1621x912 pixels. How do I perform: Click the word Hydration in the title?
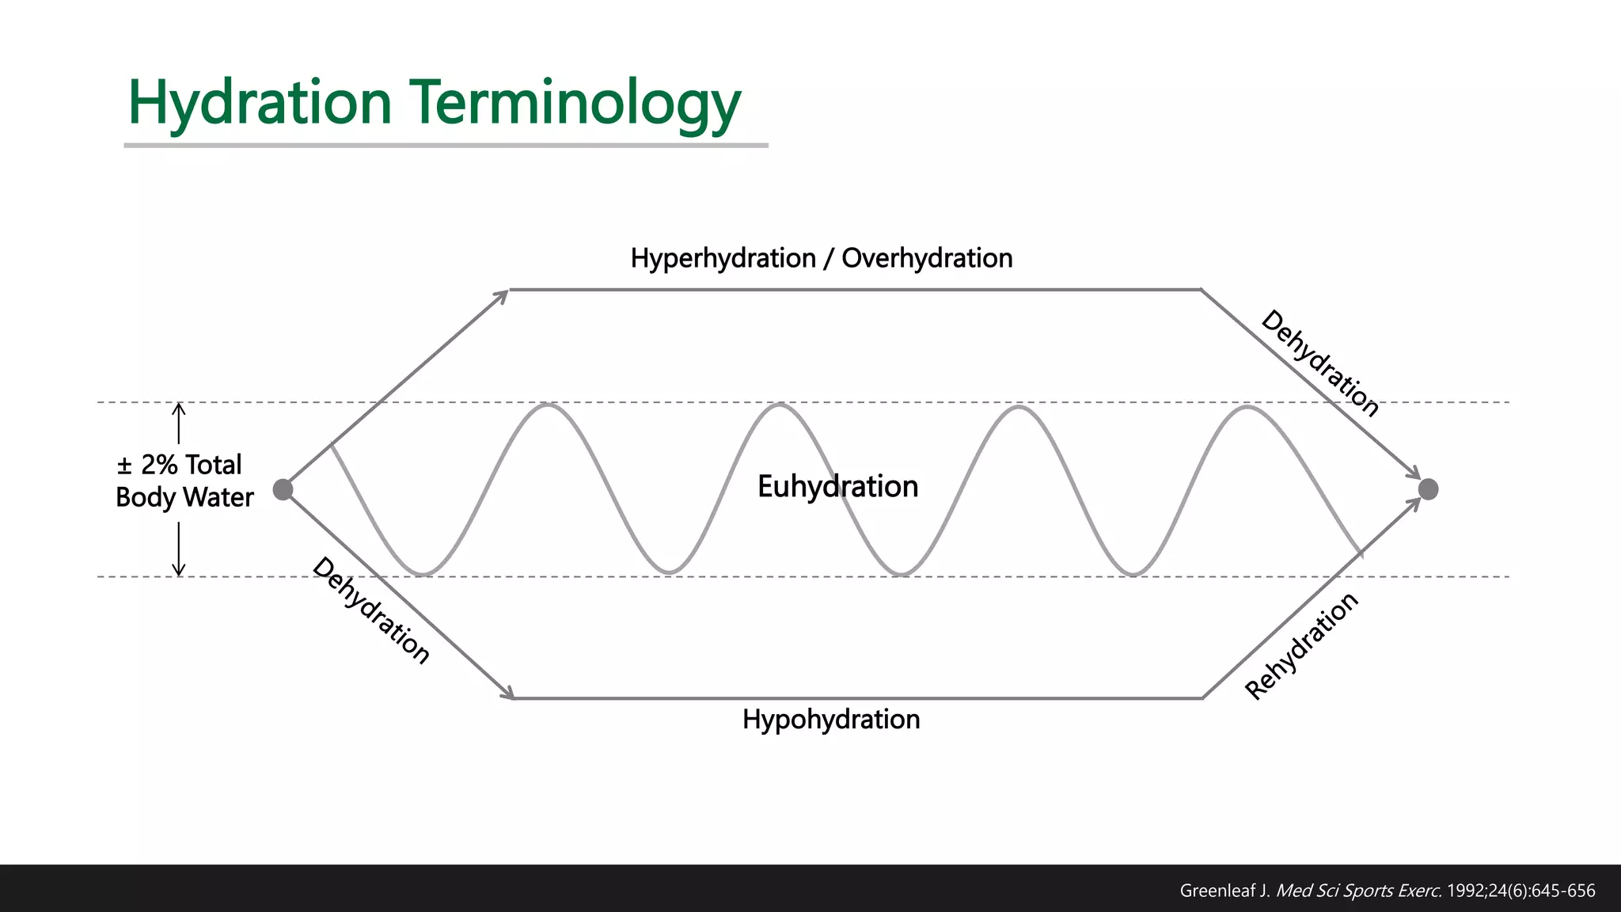[x=260, y=103]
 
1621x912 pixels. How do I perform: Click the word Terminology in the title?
[x=575, y=103]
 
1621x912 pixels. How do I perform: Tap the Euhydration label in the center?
[x=837, y=486]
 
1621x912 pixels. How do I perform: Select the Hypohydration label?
[x=831, y=719]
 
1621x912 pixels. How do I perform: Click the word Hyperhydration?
[x=723, y=258]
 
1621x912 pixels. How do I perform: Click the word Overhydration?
[x=927, y=258]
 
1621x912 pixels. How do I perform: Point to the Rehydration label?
[x=1301, y=646]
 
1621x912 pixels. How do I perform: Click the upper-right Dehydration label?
[x=1319, y=363]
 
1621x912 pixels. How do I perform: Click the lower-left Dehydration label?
[x=371, y=610]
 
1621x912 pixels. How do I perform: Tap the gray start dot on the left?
[x=283, y=489]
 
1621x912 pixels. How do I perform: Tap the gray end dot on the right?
[x=1428, y=489]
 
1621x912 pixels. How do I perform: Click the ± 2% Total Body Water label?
[x=184, y=481]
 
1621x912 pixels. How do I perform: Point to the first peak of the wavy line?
[x=547, y=405]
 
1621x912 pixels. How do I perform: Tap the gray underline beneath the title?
[x=446, y=146]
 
